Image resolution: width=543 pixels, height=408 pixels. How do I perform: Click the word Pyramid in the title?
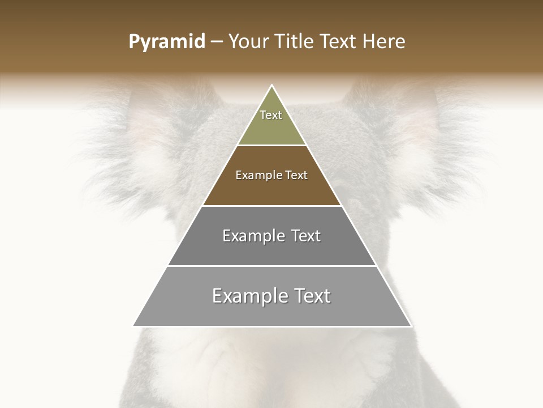coord(166,42)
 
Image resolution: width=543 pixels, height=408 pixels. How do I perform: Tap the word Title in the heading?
coord(296,42)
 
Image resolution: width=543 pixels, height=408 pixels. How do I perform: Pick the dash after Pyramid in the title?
coord(216,42)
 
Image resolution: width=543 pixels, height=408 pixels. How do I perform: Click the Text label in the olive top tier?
coord(271,115)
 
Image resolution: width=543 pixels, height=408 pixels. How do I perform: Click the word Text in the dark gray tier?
coord(306,236)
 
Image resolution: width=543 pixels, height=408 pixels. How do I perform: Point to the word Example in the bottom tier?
coord(249,296)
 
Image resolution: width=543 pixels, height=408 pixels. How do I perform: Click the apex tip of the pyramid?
coord(271,86)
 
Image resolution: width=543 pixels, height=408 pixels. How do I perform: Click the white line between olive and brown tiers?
coord(271,146)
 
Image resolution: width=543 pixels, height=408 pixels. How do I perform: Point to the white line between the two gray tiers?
coord(271,266)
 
